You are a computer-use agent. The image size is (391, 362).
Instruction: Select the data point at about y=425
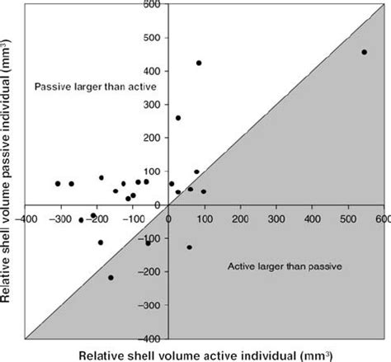click(x=199, y=63)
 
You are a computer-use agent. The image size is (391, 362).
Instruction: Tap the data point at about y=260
click(x=178, y=118)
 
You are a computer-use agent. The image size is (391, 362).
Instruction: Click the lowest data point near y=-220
click(x=111, y=278)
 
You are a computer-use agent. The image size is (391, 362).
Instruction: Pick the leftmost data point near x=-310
click(x=58, y=184)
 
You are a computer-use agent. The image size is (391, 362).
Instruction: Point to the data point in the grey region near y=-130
click(x=189, y=247)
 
